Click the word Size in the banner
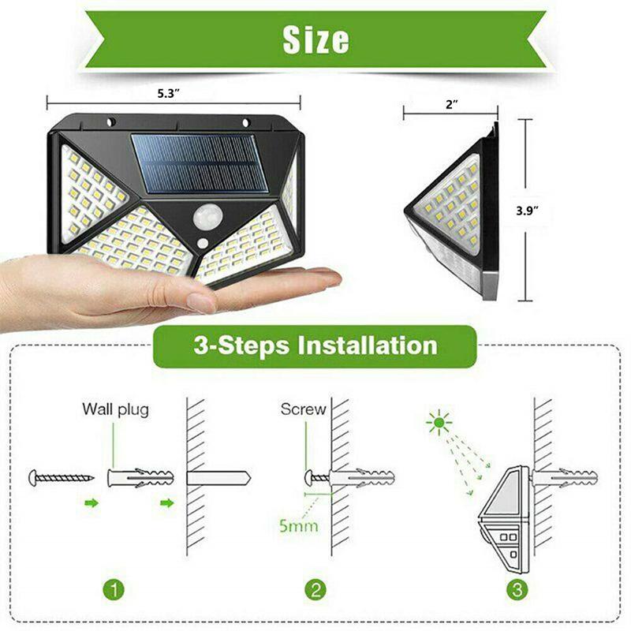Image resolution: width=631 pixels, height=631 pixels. (315, 39)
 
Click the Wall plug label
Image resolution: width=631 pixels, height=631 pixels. (115, 409)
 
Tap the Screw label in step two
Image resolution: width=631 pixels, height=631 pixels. (303, 409)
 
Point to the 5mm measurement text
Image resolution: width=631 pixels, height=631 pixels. (297, 525)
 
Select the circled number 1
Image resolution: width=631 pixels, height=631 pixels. (116, 588)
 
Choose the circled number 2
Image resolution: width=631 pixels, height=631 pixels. (315, 588)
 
